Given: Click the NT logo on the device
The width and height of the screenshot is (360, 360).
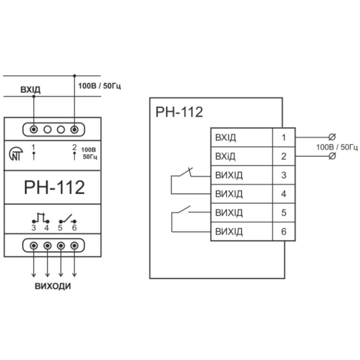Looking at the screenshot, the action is click(x=16, y=154).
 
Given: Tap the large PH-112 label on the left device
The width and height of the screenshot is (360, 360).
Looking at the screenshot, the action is click(x=54, y=187).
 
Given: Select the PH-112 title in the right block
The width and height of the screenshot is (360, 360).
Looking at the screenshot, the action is click(x=179, y=112).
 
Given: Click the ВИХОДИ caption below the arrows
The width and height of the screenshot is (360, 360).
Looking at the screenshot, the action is click(x=53, y=286).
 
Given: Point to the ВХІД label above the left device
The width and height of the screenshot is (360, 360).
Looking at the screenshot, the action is click(x=31, y=89).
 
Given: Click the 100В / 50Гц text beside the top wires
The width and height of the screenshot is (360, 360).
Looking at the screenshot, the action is click(x=99, y=86).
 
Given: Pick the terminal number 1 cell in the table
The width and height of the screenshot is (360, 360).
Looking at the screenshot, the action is click(x=284, y=137).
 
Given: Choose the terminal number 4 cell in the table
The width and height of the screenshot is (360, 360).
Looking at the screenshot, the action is click(x=284, y=194).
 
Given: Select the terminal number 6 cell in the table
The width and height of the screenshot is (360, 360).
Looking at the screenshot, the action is click(x=284, y=231).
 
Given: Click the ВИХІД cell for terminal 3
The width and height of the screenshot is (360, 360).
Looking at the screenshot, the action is click(x=242, y=175).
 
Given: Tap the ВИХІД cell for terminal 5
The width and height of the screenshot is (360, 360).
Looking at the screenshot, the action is click(x=242, y=213).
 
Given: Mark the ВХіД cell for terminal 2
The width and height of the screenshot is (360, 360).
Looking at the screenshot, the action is click(x=242, y=156).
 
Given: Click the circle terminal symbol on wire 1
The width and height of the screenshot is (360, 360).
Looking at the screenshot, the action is click(x=332, y=137).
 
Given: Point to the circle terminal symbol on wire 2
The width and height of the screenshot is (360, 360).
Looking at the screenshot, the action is click(x=332, y=156).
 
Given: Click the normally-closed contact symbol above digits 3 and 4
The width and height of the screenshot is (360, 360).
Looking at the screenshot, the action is click(x=41, y=218).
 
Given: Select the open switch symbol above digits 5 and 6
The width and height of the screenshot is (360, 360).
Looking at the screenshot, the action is click(x=68, y=219).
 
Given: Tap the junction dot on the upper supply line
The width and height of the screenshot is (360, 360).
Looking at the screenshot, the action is click(x=74, y=76).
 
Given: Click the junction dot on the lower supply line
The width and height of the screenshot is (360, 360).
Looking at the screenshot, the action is click(x=34, y=96).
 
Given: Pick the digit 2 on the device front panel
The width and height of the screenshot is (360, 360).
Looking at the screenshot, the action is click(x=74, y=147).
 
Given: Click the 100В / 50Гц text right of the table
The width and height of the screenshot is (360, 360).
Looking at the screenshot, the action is click(x=337, y=147).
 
